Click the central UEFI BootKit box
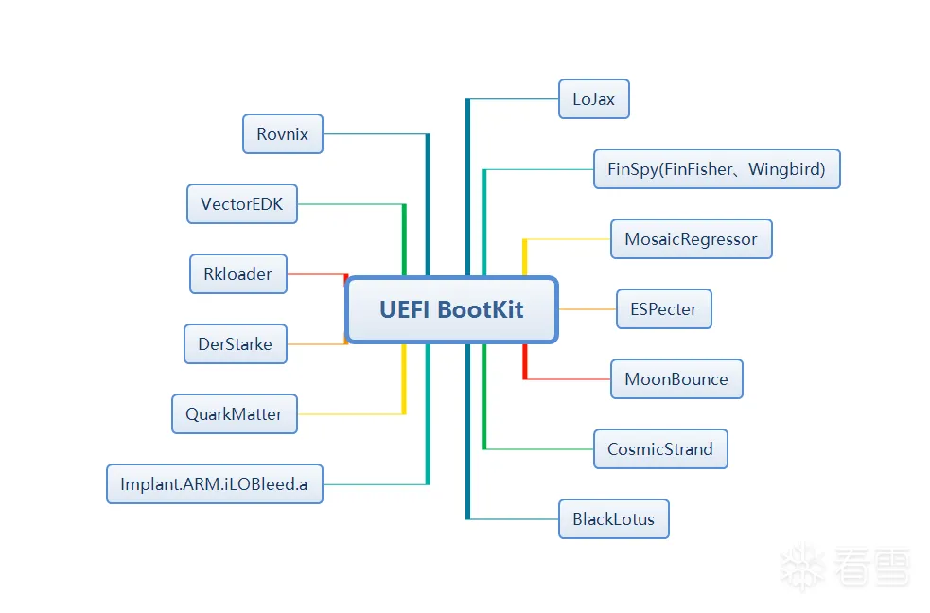(451, 309)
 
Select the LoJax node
(594, 99)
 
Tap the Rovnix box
(283, 134)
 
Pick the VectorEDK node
(242, 204)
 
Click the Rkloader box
(238, 274)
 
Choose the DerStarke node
(236, 343)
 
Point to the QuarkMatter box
(235, 413)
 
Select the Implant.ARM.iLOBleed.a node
(215, 483)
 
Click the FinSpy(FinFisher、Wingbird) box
(717, 169)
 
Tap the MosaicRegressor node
(692, 239)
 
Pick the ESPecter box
(664, 309)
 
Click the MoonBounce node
(676, 378)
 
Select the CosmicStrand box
(660, 448)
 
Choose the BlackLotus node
(614, 518)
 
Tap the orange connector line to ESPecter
(588, 309)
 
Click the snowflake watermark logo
(802, 566)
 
